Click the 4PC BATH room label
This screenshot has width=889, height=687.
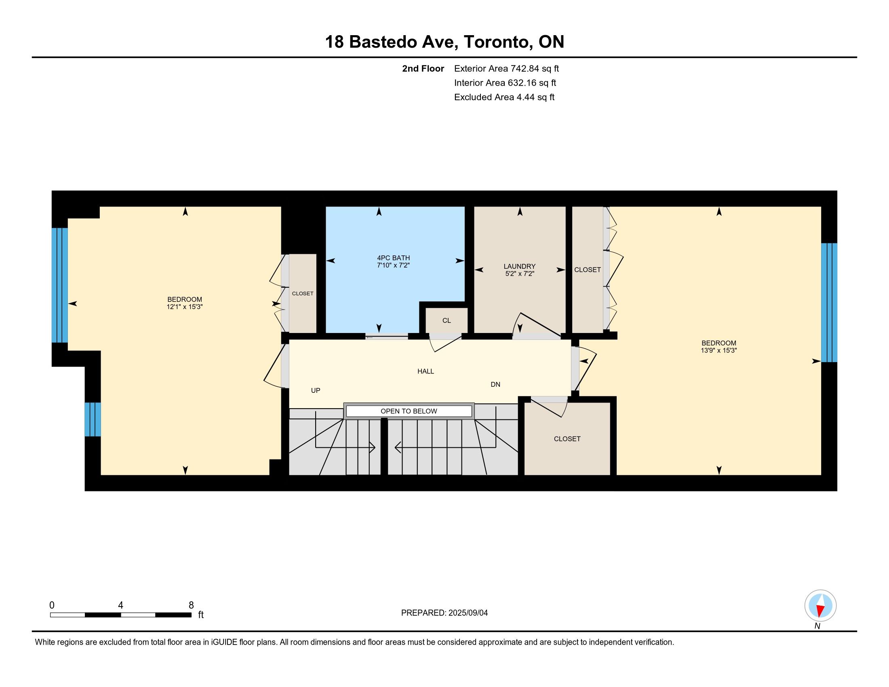tap(393, 258)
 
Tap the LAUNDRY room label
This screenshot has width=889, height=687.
tap(519, 267)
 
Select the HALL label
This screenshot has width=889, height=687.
tap(426, 371)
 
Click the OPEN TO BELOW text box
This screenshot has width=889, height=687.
tap(409, 411)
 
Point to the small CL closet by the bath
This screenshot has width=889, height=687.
tap(447, 320)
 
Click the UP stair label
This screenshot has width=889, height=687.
tap(316, 391)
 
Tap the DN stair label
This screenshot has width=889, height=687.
tap(495, 385)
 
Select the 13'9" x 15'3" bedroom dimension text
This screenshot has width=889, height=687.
tap(719, 350)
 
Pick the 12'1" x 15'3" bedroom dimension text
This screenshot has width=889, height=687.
tap(185, 307)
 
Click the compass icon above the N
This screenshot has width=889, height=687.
tap(820, 606)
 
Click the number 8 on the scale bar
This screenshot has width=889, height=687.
tap(191, 605)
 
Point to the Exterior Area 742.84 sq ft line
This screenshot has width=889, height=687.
tap(506, 69)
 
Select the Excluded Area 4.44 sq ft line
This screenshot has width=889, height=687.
tap(504, 97)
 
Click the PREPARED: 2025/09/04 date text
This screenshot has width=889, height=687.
tap(444, 613)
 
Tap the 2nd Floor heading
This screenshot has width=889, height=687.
tap(423, 69)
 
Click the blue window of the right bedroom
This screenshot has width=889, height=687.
tap(829, 302)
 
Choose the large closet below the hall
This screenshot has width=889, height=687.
tap(567, 439)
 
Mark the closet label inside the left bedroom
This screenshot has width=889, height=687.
tap(302, 293)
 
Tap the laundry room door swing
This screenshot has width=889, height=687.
tap(537, 326)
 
